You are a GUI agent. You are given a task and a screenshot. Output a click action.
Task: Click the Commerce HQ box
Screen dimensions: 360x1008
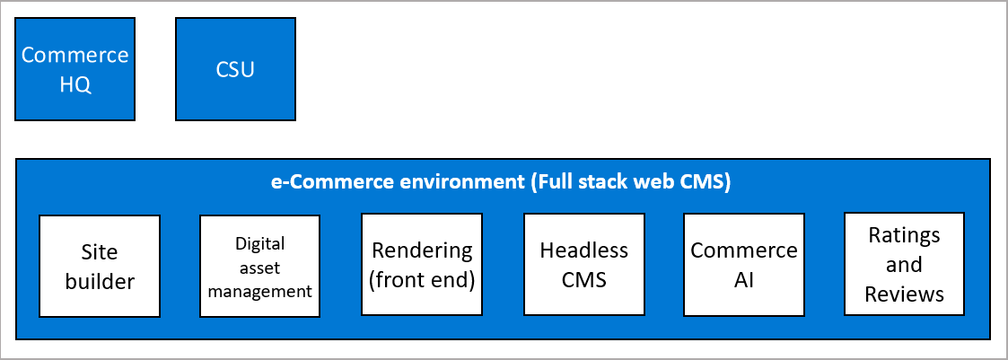click(75, 70)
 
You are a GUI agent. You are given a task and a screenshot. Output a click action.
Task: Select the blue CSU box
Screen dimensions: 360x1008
click(235, 70)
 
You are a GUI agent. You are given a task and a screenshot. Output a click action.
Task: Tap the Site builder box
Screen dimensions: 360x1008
click(100, 266)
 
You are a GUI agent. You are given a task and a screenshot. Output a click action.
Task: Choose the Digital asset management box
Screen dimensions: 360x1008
click(259, 266)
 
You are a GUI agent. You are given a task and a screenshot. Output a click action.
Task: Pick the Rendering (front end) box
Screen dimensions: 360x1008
click(421, 265)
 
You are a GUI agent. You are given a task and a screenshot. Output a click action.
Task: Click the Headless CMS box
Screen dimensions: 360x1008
click(583, 265)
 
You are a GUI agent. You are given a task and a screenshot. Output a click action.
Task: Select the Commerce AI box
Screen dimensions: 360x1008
click(743, 265)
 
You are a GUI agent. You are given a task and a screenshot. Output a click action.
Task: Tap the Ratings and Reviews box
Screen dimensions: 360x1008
click(904, 265)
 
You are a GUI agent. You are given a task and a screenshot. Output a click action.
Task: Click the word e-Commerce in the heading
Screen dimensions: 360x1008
click(319, 181)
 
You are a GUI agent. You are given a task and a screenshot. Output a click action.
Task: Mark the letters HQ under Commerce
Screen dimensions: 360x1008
click(75, 85)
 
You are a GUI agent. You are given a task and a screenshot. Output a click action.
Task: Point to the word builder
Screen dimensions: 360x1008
click(100, 281)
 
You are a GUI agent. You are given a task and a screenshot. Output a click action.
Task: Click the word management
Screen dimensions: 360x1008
click(259, 291)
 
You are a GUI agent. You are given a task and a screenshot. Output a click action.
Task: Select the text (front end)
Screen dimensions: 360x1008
click(421, 279)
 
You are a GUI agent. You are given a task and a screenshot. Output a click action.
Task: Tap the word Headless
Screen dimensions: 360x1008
click(583, 250)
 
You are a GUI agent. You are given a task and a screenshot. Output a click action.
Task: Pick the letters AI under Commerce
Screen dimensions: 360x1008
click(743, 279)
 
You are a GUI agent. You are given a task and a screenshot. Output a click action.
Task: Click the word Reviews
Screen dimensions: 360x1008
click(904, 294)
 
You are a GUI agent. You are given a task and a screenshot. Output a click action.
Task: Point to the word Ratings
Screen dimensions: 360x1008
click(904, 235)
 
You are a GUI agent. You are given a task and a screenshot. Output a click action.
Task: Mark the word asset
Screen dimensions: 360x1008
click(259, 267)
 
